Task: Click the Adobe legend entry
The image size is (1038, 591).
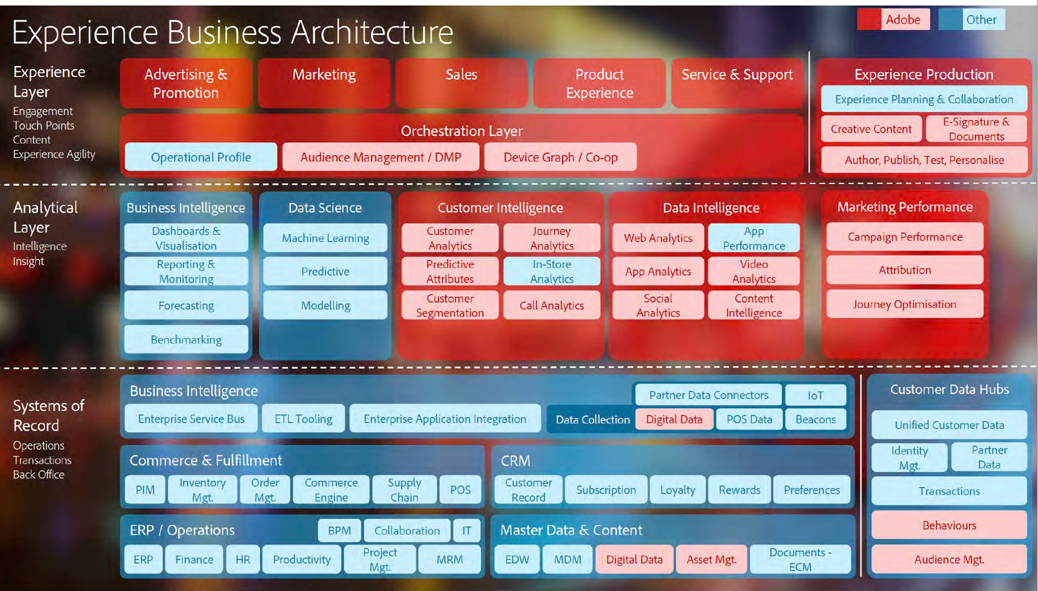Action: click(x=894, y=20)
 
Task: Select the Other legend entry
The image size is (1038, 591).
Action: click(x=972, y=20)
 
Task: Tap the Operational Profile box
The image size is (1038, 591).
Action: click(x=201, y=157)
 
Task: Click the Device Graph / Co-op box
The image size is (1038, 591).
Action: click(x=560, y=157)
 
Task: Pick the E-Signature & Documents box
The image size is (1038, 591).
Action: click(x=976, y=129)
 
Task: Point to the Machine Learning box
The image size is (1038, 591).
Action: click(x=325, y=238)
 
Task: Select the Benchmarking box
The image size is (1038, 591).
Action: click(x=186, y=340)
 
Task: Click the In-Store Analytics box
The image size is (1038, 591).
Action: click(x=551, y=271)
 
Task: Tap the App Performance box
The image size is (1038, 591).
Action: click(x=754, y=238)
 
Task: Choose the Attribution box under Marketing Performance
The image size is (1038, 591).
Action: click(x=905, y=270)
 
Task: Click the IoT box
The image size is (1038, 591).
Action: click(x=815, y=395)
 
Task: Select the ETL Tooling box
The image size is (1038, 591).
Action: click(x=303, y=419)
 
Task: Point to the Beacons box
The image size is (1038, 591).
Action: click(x=815, y=419)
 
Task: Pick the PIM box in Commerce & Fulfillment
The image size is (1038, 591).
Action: click(x=145, y=490)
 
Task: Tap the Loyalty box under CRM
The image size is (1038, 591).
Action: click(x=677, y=490)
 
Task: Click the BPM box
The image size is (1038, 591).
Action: click(x=339, y=531)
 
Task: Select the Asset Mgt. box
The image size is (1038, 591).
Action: click(x=711, y=560)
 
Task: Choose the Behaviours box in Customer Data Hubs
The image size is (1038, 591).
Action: click(x=949, y=525)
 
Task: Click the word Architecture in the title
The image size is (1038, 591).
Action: click(x=372, y=32)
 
